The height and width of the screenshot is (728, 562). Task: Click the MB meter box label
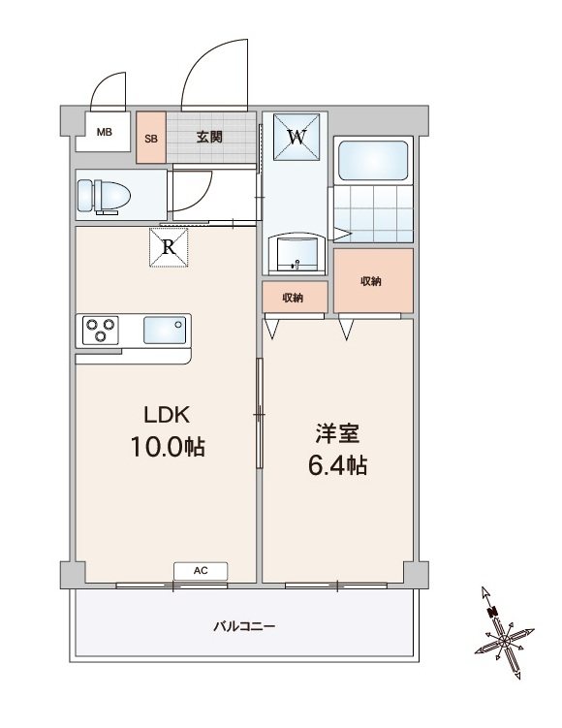click(x=105, y=132)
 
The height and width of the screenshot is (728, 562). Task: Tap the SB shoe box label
click(x=151, y=139)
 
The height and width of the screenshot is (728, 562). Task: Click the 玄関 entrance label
click(x=209, y=137)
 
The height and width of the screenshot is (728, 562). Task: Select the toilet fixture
click(x=104, y=196)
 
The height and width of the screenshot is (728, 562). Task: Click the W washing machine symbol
click(x=297, y=137)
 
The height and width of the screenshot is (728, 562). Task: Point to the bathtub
click(x=373, y=160)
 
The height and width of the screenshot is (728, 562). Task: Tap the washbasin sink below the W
click(x=296, y=251)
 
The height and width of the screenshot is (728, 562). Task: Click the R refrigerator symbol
click(x=169, y=247)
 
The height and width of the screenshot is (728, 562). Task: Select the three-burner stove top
click(x=101, y=331)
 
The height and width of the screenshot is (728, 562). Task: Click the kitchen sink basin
click(x=165, y=330)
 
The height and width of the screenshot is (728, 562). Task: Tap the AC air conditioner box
click(x=201, y=571)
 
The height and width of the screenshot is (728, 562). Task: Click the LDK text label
click(x=167, y=415)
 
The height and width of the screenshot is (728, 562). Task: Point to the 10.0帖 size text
click(x=168, y=447)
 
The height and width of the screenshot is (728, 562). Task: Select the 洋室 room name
click(x=337, y=433)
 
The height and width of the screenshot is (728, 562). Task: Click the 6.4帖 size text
click(x=338, y=465)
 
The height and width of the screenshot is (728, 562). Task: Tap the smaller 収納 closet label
click(x=293, y=298)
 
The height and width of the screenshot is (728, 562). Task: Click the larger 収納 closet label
click(x=371, y=281)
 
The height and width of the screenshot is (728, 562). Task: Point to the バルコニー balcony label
click(x=244, y=626)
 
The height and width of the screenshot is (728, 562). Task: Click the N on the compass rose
click(x=492, y=612)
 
